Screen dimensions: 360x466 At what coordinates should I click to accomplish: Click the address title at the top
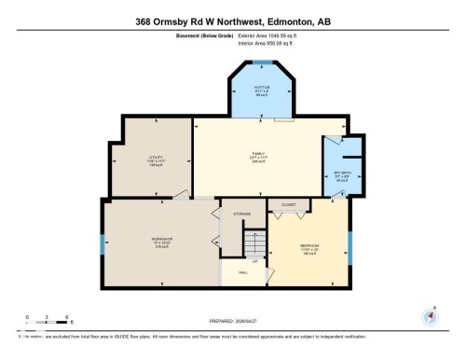(233, 21)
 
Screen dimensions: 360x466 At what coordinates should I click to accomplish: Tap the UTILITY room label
(157, 159)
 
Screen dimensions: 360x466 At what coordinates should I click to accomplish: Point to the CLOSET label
(288, 202)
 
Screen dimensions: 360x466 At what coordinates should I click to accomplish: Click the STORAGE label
(242, 214)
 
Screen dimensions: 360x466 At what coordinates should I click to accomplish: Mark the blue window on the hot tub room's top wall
(262, 62)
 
